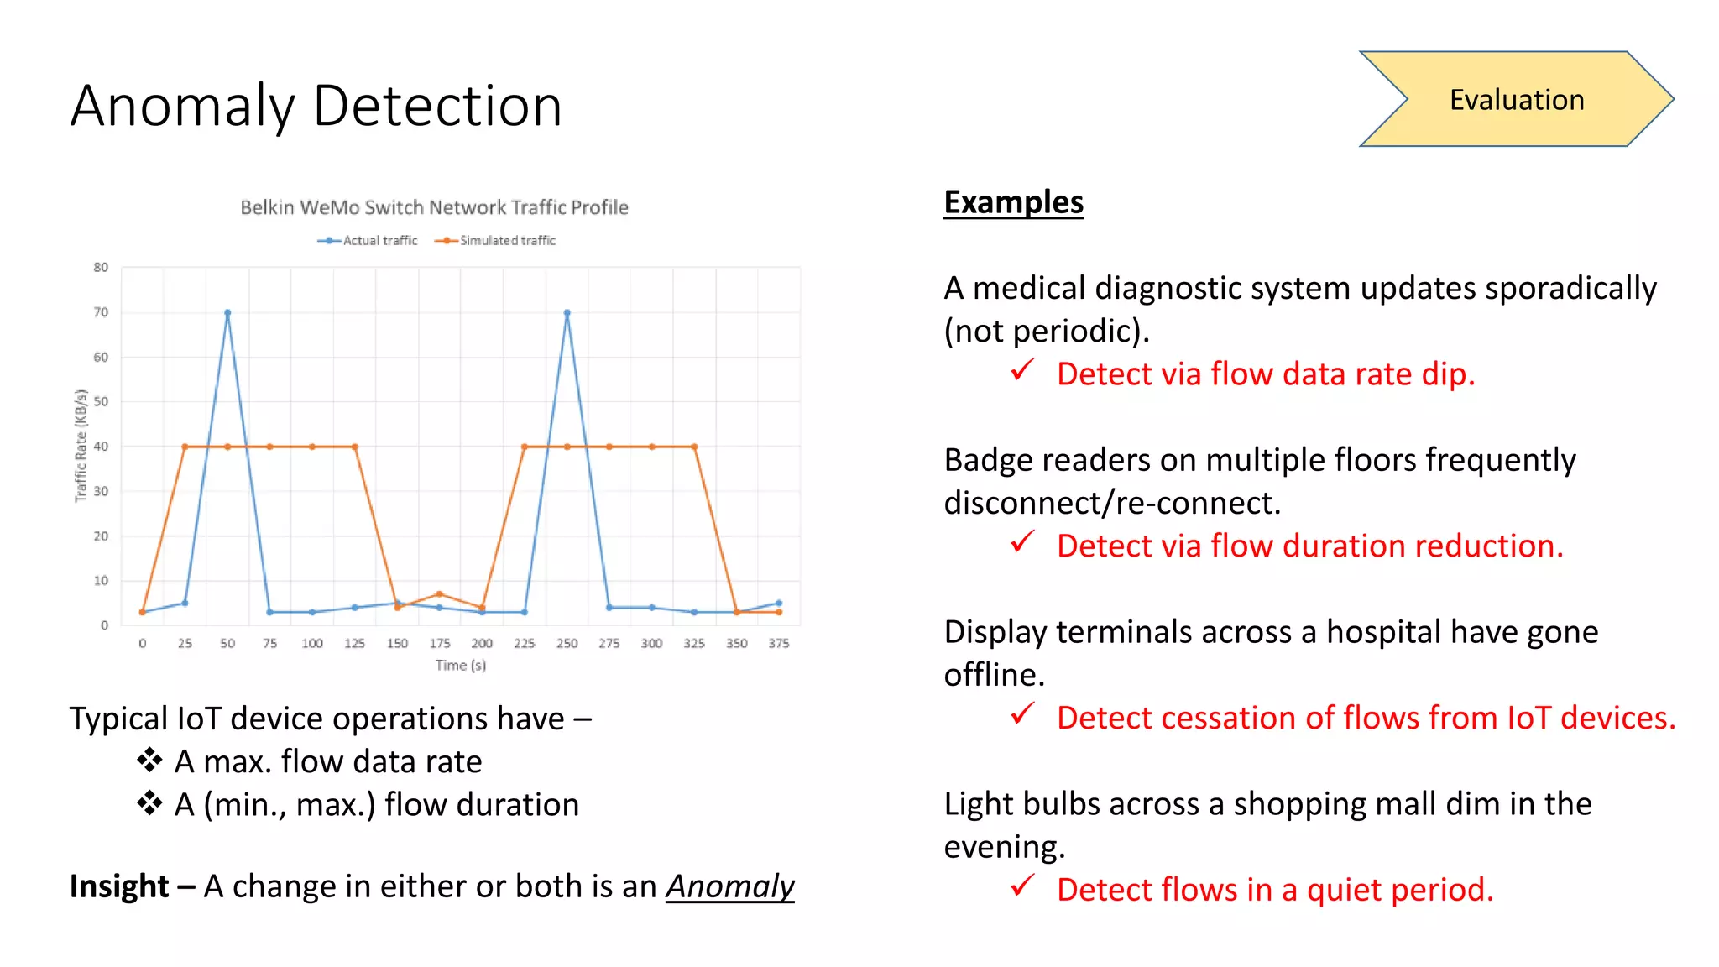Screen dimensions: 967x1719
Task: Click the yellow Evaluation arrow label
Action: pyautogui.click(x=1516, y=100)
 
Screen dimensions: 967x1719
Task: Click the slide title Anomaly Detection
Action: pyautogui.click(x=316, y=107)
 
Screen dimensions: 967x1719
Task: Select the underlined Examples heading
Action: pyautogui.click(x=1013, y=202)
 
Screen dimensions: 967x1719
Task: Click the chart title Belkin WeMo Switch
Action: pyautogui.click(x=434, y=207)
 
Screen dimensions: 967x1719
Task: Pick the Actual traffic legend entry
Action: pyautogui.click(x=368, y=241)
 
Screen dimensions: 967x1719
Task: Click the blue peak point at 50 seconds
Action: pyautogui.click(x=227, y=313)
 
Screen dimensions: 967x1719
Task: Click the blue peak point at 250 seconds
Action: pyautogui.click(x=567, y=313)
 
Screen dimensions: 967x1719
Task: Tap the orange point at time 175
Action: pyautogui.click(x=440, y=594)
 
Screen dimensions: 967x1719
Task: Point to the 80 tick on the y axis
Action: pyautogui.click(x=101, y=268)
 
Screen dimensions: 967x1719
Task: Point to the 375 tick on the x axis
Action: pyautogui.click(x=779, y=644)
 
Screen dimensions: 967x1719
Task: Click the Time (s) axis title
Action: pyautogui.click(x=460, y=666)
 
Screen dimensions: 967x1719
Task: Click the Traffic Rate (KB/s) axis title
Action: pyautogui.click(x=81, y=446)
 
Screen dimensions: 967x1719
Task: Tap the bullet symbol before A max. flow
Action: pyautogui.click(x=149, y=761)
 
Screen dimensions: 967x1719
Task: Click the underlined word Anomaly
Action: pyautogui.click(x=729, y=886)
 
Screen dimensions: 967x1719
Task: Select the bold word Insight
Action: pyautogui.click(x=120, y=886)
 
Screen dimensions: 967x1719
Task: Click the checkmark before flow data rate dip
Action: pyautogui.click(x=1022, y=370)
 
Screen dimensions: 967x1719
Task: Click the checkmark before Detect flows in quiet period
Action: pyautogui.click(x=1022, y=886)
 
